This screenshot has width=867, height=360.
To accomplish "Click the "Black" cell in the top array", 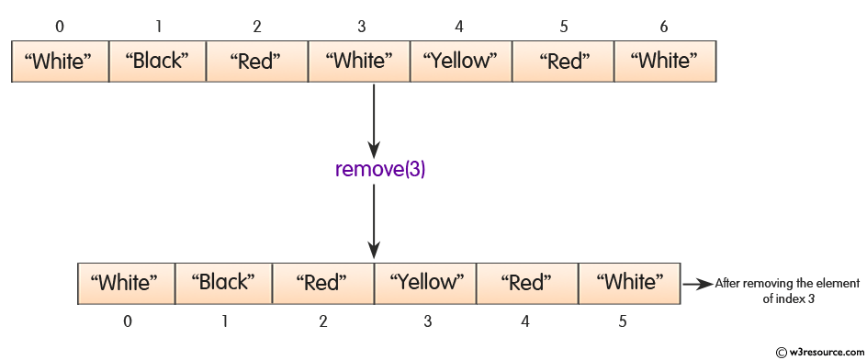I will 160,62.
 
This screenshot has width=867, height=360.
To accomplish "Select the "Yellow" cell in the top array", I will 459,62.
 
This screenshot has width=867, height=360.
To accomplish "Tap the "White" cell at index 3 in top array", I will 359,62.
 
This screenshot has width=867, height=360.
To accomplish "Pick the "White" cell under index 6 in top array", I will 664,62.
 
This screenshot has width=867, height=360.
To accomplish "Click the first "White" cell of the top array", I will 60,62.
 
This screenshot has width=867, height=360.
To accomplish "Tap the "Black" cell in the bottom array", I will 221,283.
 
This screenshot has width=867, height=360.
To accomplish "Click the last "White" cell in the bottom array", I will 628,283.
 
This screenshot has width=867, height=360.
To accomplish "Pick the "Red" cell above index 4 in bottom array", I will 526,283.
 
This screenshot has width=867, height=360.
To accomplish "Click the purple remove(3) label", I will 373,170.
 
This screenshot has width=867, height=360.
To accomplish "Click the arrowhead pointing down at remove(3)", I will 373,148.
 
